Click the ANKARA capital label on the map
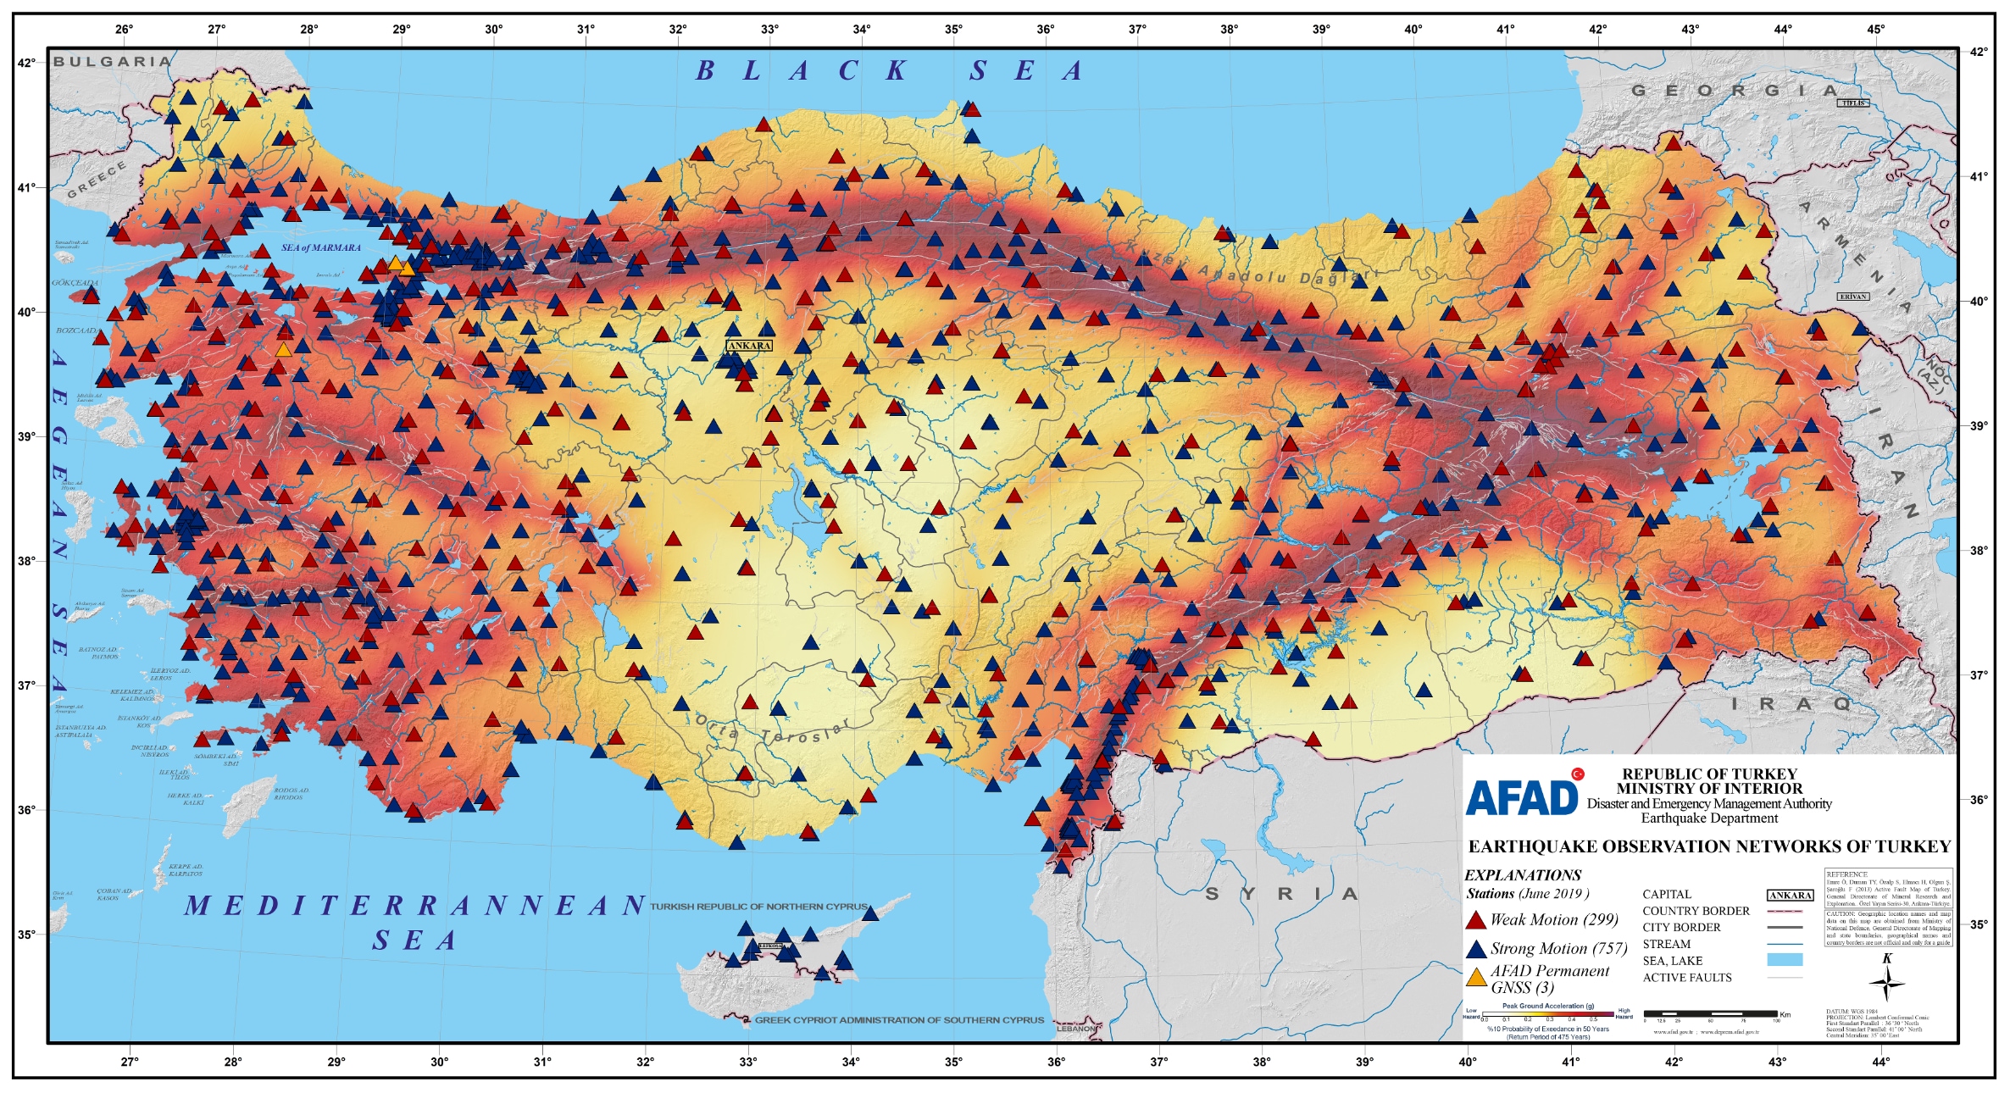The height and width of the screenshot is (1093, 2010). tap(749, 346)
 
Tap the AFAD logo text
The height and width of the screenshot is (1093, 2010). tap(1522, 797)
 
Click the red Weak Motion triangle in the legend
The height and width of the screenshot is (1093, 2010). tap(1476, 920)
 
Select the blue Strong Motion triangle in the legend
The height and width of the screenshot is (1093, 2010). tap(1476, 949)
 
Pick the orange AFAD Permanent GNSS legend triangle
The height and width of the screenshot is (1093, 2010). tap(1476, 978)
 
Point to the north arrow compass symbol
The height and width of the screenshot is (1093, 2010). tap(1887, 982)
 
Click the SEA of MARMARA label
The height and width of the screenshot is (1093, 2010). tap(321, 248)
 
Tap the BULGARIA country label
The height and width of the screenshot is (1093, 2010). tap(112, 62)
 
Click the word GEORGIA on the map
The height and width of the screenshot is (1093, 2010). tap(1735, 91)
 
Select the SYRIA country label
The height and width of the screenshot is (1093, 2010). tap(1285, 894)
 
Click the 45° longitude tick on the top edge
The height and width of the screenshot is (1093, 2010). tap(1875, 30)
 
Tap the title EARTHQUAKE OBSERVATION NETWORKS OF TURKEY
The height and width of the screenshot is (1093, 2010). tap(1709, 846)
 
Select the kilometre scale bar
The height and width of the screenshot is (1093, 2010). tap(1710, 1013)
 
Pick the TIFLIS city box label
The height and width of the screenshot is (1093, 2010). tap(1853, 103)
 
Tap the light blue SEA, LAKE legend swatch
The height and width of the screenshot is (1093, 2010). tap(1785, 960)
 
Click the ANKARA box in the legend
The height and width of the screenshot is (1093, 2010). tap(1790, 896)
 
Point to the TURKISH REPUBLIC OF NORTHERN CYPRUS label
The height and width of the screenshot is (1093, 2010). tap(758, 907)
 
